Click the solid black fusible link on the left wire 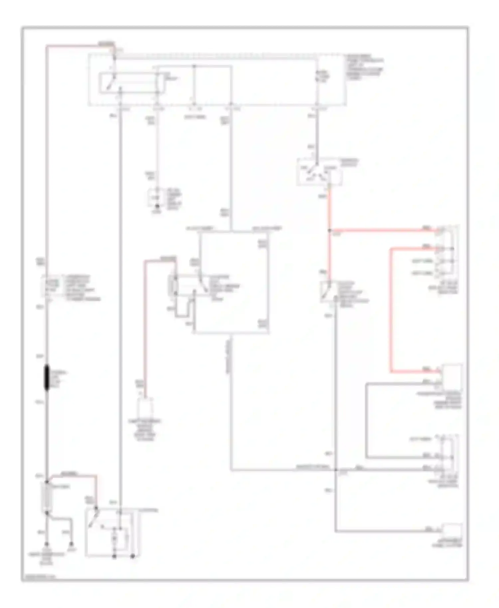point(47,377)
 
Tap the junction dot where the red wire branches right point(329,230)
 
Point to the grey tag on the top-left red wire point(106,44)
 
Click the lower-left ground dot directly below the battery point(47,544)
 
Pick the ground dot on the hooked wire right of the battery point(71,544)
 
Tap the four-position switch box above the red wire point(319,172)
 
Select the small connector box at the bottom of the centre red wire point(145,406)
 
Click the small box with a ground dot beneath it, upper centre point(156,198)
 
